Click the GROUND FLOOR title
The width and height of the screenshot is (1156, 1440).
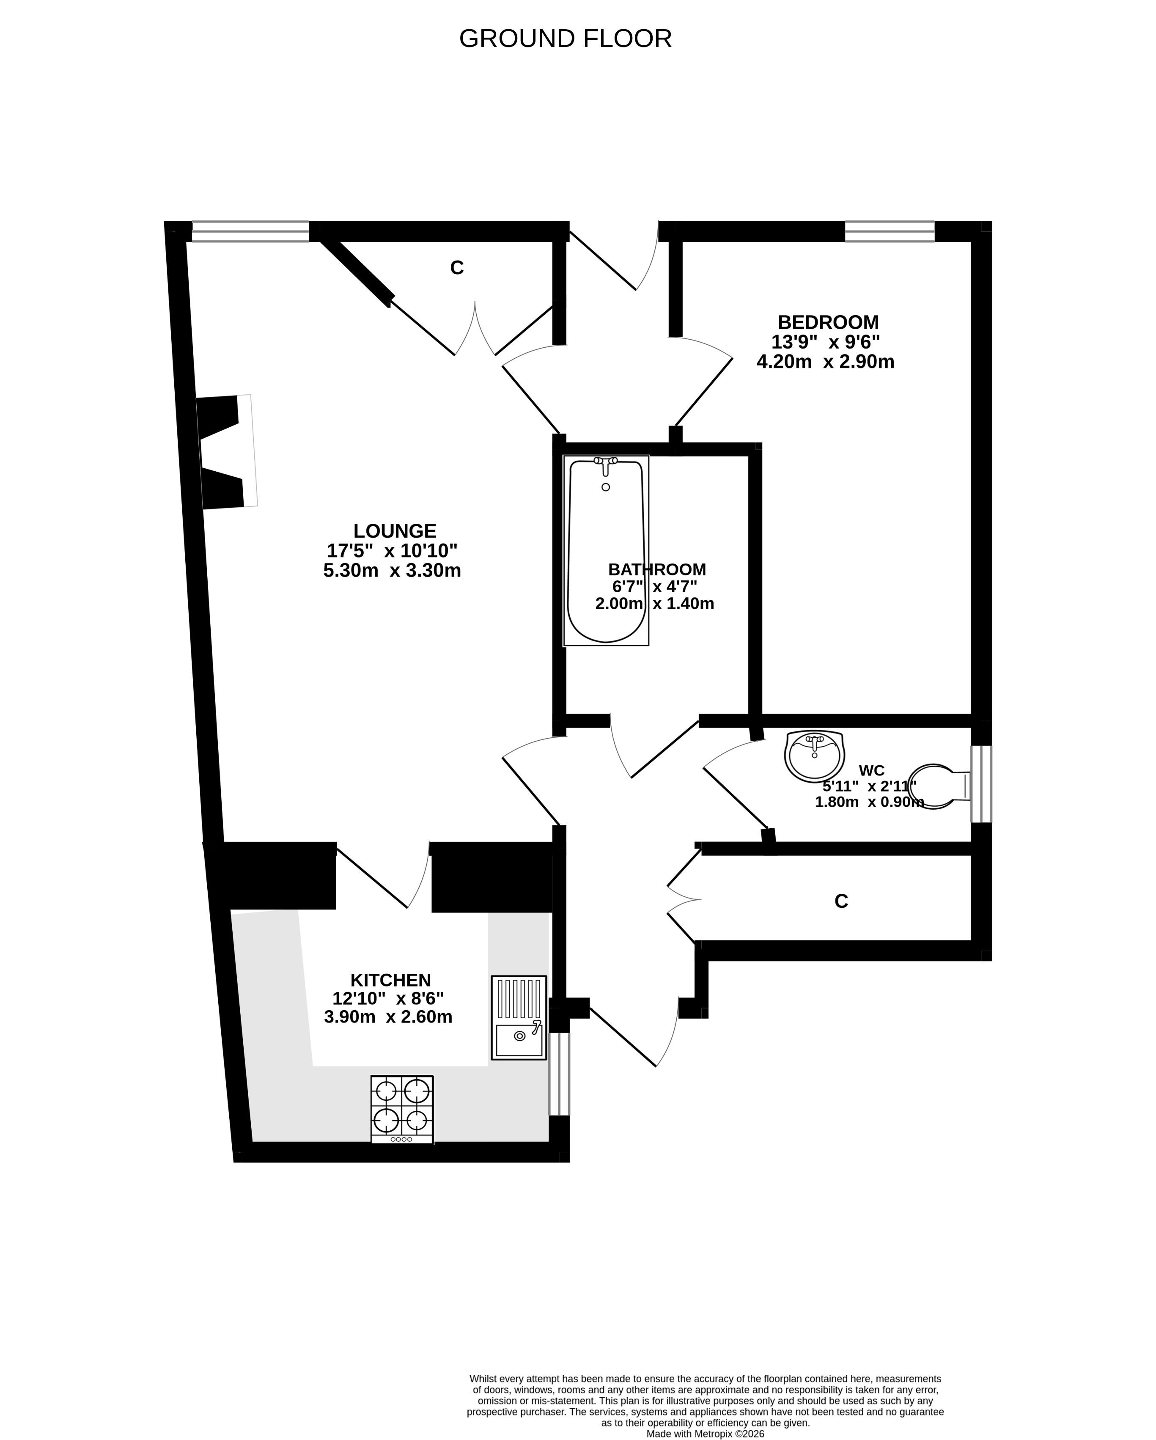[565, 39]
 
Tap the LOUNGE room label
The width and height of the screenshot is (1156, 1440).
[395, 531]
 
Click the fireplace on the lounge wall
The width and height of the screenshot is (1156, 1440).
[226, 451]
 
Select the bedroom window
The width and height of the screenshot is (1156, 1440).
[890, 231]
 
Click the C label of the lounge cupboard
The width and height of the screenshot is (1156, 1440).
[457, 268]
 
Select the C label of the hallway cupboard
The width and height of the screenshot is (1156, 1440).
[841, 901]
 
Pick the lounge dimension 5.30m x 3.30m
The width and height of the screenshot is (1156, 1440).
[392, 570]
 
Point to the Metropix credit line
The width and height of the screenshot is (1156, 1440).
[705, 1433]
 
